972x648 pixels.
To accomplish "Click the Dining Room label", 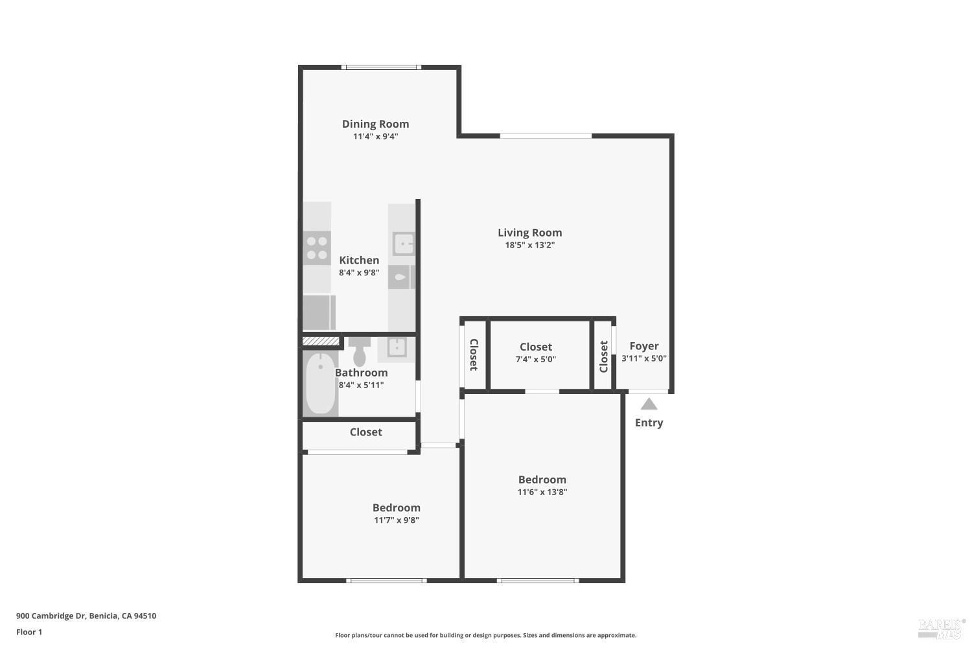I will pyautogui.click(x=375, y=124).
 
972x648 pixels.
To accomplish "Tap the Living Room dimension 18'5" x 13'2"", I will pyautogui.click(x=529, y=245).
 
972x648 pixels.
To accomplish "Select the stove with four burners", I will pyautogui.click(x=317, y=248).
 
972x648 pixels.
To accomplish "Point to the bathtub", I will pyautogui.click(x=320, y=384).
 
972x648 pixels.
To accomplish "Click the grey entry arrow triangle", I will pyautogui.click(x=649, y=404).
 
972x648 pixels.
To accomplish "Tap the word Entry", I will pyautogui.click(x=649, y=422).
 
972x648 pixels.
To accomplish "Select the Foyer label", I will pyautogui.click(x=643, y=346).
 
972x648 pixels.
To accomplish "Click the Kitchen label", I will pyautogui.click(x=359, y=260).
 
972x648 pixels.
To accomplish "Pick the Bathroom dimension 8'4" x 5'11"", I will pyautogui.click(x=361, y=385).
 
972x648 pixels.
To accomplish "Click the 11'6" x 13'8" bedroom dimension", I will pyautogui.click(x=542, y=492).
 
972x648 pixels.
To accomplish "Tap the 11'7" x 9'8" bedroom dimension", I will pyautogui.click(x=396, y=520).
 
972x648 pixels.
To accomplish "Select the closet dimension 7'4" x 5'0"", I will pyautogui.click(x=535, y=359).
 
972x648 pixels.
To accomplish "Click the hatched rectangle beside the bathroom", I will pyautogui.click(x=321, y=341).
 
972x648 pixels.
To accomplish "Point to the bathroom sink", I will pyautogui.click(x=396, y=347).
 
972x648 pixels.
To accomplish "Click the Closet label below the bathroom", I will pyautogui.click(x=365, y=432).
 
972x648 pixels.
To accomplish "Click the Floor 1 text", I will pyautogui.click(x=29, y=632).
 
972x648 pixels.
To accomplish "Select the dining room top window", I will pyautogui.click(x=381, y=67).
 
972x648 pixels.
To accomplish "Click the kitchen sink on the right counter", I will pyautogui.click(x=402, y=244).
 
